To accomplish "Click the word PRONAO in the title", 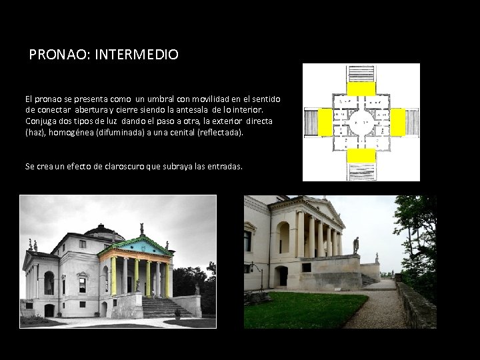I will pyautogui.click(x=53, y=55).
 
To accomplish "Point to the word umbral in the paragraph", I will pyautogui.click(x=170, y=99).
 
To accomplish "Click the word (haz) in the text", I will pyautogui.click(x=35, y=132).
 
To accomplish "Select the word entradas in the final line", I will pyautogui.click(x=223, y=166).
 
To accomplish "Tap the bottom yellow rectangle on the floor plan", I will pyautogui.click(x=360, y=155).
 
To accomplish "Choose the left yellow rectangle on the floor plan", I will pyautogui.click(x=325, y=122).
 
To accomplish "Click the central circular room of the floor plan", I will pyautogui.click(x=360, y=122).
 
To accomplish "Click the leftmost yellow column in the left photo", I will pyautogui.click(x=114, y=277).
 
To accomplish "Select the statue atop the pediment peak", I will pyautogui.click(x=141, y=228).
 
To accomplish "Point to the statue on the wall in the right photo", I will pyautogui.click(x=355, y=245).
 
